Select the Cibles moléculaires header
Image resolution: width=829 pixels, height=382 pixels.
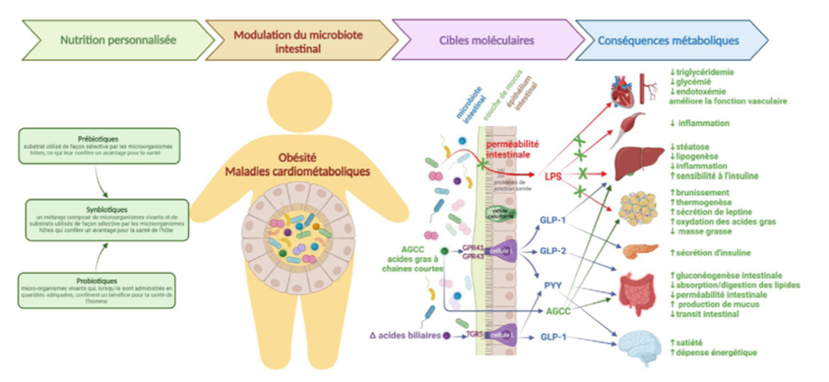tap(486, 40)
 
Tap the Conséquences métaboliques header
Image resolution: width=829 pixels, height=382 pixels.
tap(668, 40)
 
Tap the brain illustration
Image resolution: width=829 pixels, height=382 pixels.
tap(641, 348)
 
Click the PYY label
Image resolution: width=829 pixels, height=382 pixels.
tap(552, 284)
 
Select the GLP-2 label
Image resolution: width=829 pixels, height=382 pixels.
tap(552, 251)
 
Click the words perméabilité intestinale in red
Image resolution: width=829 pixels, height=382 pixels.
tap(513, 150)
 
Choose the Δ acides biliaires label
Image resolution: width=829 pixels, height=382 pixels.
tap(405, 335)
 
